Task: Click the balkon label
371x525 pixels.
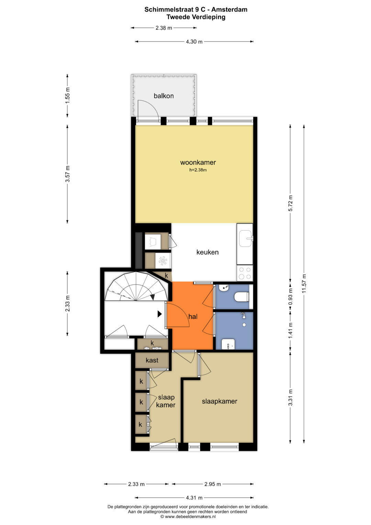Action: click(x=164, y=96)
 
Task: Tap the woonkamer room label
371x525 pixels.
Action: click(x=198, y=163)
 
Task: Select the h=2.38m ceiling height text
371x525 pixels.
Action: click(x=198, y=170)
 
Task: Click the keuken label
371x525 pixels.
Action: click(x=207, y=252)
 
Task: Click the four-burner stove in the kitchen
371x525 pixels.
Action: click(x=245, y=273)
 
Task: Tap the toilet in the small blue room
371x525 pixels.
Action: click(x=241, y=296)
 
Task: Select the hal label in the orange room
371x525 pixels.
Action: click(x=193, y=317)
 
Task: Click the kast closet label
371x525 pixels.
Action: click(x=152, y=360)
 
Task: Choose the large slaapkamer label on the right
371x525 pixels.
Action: click(x=220, y=401)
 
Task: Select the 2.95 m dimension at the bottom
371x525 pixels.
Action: click(x=213, y=484)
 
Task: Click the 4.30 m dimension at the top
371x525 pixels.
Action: click(x=194, y=42)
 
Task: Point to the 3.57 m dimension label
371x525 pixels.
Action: click(x=67, y=174)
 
